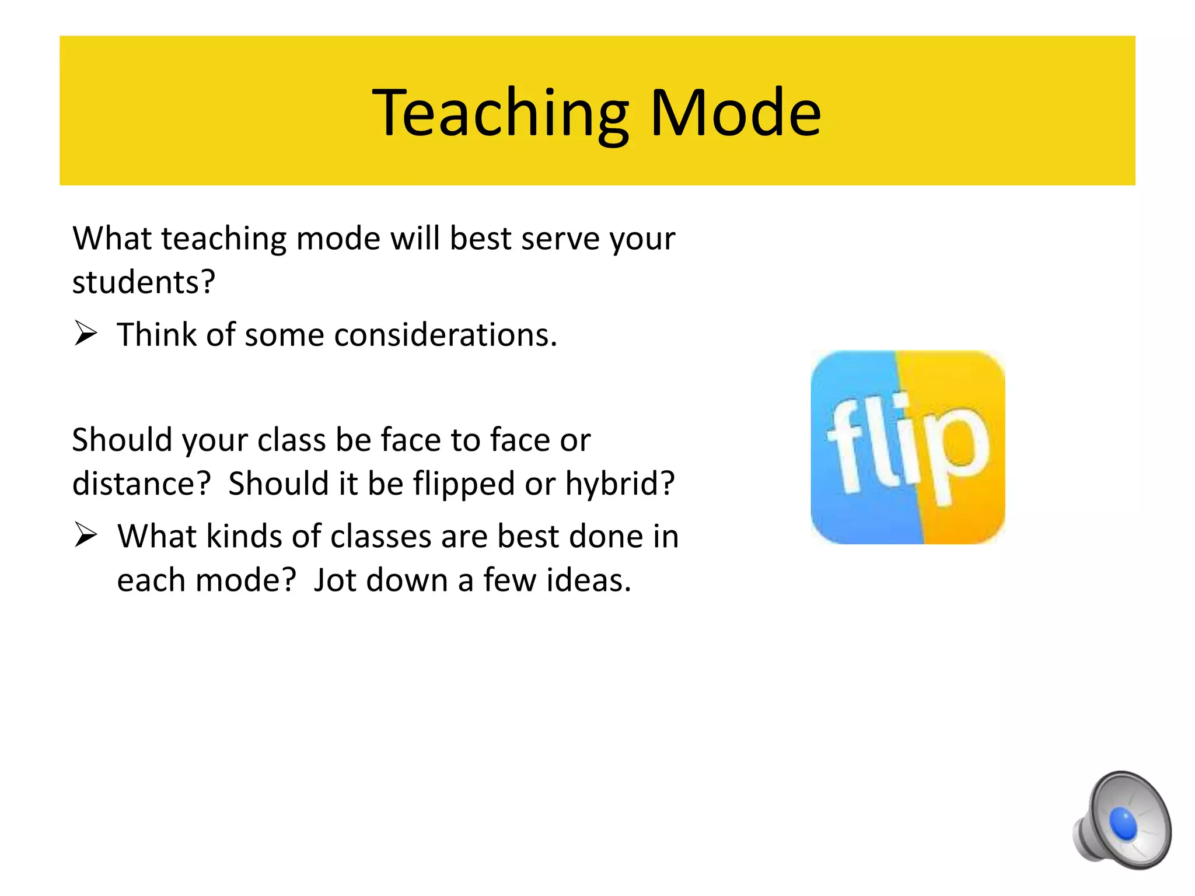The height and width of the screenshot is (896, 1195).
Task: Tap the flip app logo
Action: (x=907, y=447)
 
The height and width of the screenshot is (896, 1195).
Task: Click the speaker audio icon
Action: (x=1121, y=820)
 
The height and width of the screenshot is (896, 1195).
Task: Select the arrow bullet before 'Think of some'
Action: (x=86, y=334)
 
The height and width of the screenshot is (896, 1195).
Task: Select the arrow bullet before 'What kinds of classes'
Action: (x=86, y=535)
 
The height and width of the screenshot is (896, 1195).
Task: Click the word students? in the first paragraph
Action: (x=144, y=282)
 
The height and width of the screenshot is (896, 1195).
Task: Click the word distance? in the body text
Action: (x=141, y=484)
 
